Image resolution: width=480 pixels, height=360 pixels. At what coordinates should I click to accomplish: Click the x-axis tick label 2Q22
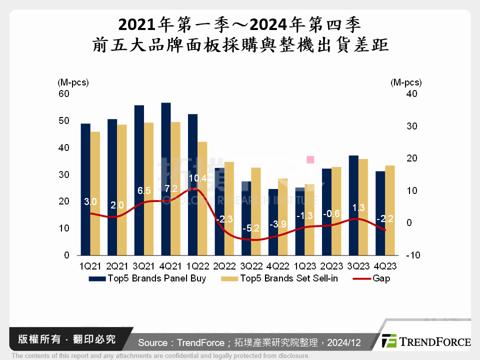pos(224,266)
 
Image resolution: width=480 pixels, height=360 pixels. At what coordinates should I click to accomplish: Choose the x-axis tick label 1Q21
pos(90,266)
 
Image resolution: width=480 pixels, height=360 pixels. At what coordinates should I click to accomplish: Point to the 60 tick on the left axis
pos(64,93)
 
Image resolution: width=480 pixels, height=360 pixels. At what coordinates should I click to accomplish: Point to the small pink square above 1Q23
pos(310,159)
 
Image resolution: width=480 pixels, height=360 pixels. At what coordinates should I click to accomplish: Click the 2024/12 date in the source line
pos(345,342)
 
